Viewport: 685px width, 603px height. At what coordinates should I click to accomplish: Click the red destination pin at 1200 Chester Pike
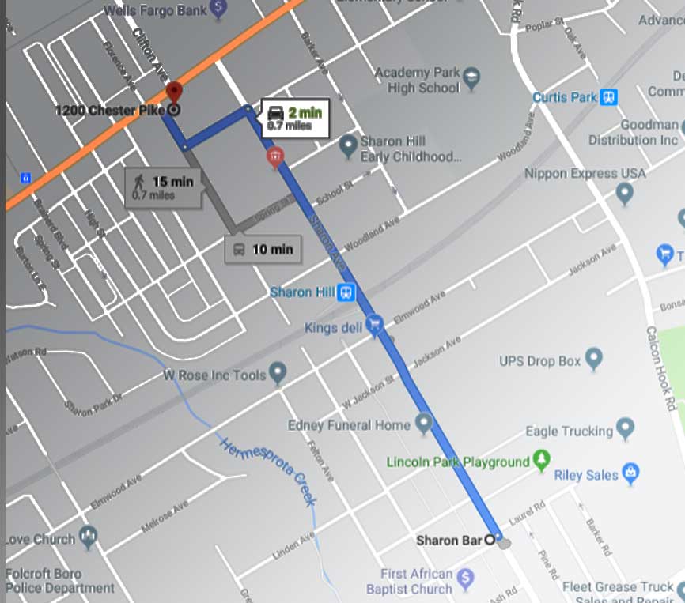click(173, 93)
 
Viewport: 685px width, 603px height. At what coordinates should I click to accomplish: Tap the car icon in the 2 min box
click(275, 111)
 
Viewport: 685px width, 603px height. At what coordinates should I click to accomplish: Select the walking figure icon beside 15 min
click(140, 182)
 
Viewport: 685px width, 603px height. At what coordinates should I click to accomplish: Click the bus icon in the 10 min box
click(238, 250)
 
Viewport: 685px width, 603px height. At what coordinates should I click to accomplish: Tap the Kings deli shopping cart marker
click(375, 325)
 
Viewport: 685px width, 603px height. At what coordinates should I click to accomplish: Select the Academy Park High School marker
click(471, 77)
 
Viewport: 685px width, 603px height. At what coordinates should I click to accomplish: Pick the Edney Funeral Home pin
click(424, 424)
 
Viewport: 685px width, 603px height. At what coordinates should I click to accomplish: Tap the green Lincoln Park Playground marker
click(541, 458)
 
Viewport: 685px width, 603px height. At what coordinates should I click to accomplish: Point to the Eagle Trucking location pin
click(626, 429)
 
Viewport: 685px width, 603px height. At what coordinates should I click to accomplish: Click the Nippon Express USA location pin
click(625, 192)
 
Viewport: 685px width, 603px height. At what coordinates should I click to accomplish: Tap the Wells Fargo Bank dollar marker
click(219, 9)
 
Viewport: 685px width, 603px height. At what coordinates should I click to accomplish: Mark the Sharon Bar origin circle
click(489, 541)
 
